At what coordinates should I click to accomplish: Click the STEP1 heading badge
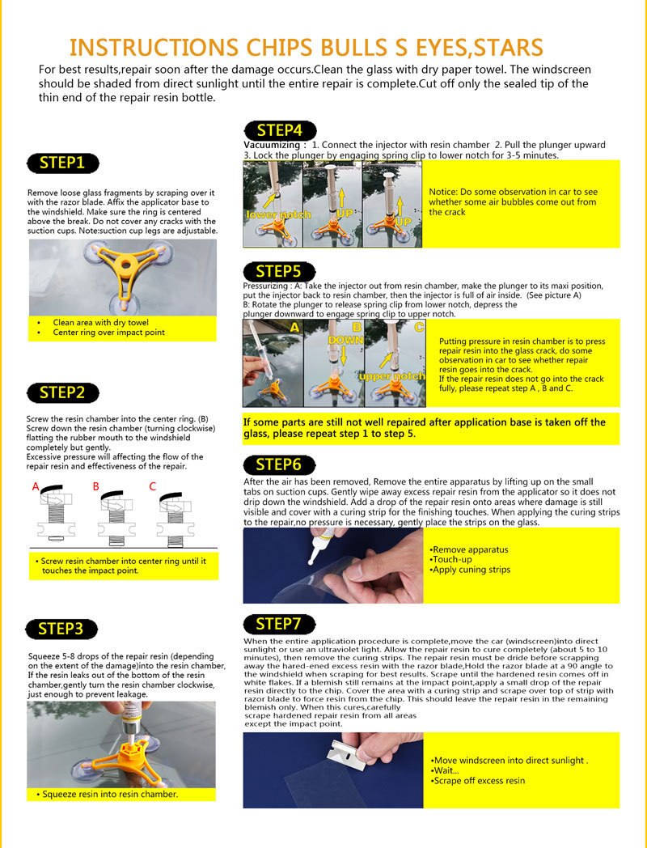62,163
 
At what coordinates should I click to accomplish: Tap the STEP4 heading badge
279,130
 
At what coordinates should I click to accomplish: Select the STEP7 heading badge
279,623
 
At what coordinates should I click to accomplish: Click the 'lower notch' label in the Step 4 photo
273,215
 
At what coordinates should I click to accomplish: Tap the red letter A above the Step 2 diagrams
36,486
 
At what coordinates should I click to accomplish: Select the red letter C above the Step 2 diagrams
152,486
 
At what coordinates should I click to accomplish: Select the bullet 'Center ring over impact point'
108,333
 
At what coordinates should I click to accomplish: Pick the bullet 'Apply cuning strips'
471,570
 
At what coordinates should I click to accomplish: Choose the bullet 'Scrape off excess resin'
479,781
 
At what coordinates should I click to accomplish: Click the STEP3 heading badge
66,629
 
